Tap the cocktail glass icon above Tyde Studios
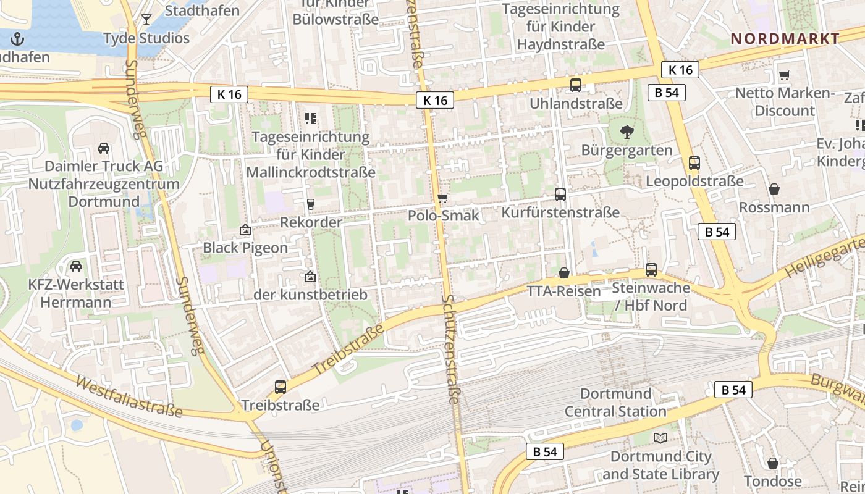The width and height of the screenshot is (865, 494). click(x=146, y=20)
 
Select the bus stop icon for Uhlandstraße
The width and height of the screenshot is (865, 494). click(x=576, y=85)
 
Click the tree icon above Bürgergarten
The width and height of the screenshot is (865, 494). click(x=627, y=132)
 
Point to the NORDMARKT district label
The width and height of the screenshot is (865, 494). click(x=785, y=39)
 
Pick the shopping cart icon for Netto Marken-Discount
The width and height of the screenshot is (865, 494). click(x=785, y=75)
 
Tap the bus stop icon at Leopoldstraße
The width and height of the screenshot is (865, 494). click(x=694, y=163)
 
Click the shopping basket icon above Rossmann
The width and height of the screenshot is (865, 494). click(x=774, y=189)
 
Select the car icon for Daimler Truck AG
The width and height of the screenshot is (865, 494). click(x=104, y=148)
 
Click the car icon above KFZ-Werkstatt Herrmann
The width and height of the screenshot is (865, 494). click(x=76, y=266)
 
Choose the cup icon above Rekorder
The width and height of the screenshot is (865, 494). click(x=311, y=204)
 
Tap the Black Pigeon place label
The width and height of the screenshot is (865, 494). click(x=245, y=248)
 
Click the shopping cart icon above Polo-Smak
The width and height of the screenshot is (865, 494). click(x=442, y=198)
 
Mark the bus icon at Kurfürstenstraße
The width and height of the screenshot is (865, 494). click(x=560, y=195)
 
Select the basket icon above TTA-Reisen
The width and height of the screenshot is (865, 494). click(x=564, y=273)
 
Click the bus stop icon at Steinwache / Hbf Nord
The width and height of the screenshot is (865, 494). click(x=651, y=270)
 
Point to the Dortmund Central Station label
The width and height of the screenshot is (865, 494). click(x=615, y=403)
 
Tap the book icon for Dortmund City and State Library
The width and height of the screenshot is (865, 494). click(x=660, y=438)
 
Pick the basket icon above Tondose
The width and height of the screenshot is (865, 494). click(x=773, y=463)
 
